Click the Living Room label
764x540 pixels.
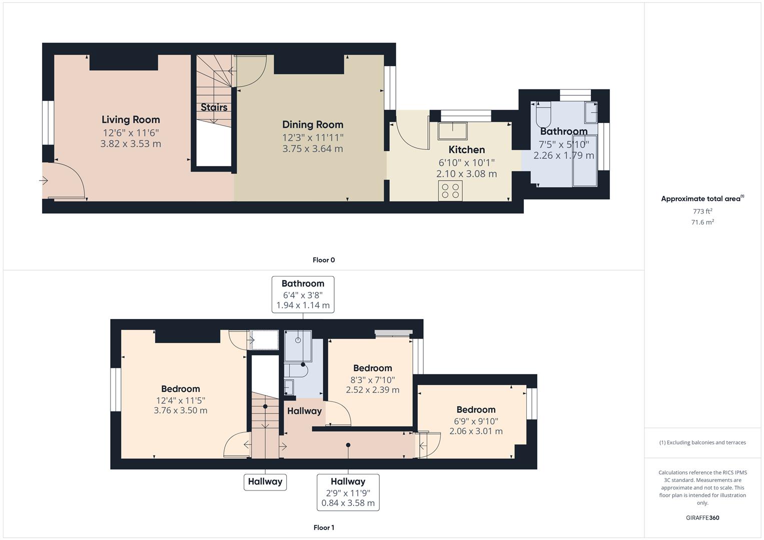coord(131,119)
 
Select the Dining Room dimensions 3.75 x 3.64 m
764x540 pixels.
coord(313,148)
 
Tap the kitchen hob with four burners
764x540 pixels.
coord(450,191)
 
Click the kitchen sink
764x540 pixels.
coord(452,131)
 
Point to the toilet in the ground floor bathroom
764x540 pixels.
coord(543,114)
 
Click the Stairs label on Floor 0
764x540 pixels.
coord(214,107)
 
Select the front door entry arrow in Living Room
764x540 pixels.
coord(45,180)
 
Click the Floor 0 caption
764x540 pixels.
coord(324,260)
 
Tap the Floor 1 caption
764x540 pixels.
coord(324,527)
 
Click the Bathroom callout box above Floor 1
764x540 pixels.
coord(303,294)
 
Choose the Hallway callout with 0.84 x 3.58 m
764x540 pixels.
coord(348,492)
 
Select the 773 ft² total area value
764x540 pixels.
coord(702,211)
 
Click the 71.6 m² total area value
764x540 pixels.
coord(702,222)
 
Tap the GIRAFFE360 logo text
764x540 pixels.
coord(702,517)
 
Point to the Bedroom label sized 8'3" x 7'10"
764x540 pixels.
coord(372,368)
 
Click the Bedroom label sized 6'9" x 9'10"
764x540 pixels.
coord(476,410)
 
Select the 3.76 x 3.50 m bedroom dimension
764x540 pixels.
coord(181,410)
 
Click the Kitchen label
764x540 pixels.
coord(466,150)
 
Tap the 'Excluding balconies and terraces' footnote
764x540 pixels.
coord(702,442)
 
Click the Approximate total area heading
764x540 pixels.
coord(702,198)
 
